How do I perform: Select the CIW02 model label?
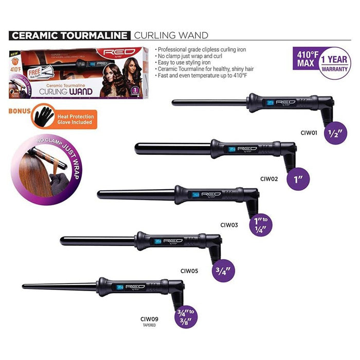tap(269, 179)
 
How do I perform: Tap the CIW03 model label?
tap(230, 224)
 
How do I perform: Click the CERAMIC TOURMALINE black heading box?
tap(70, 35)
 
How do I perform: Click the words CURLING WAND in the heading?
tap(171, 35)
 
